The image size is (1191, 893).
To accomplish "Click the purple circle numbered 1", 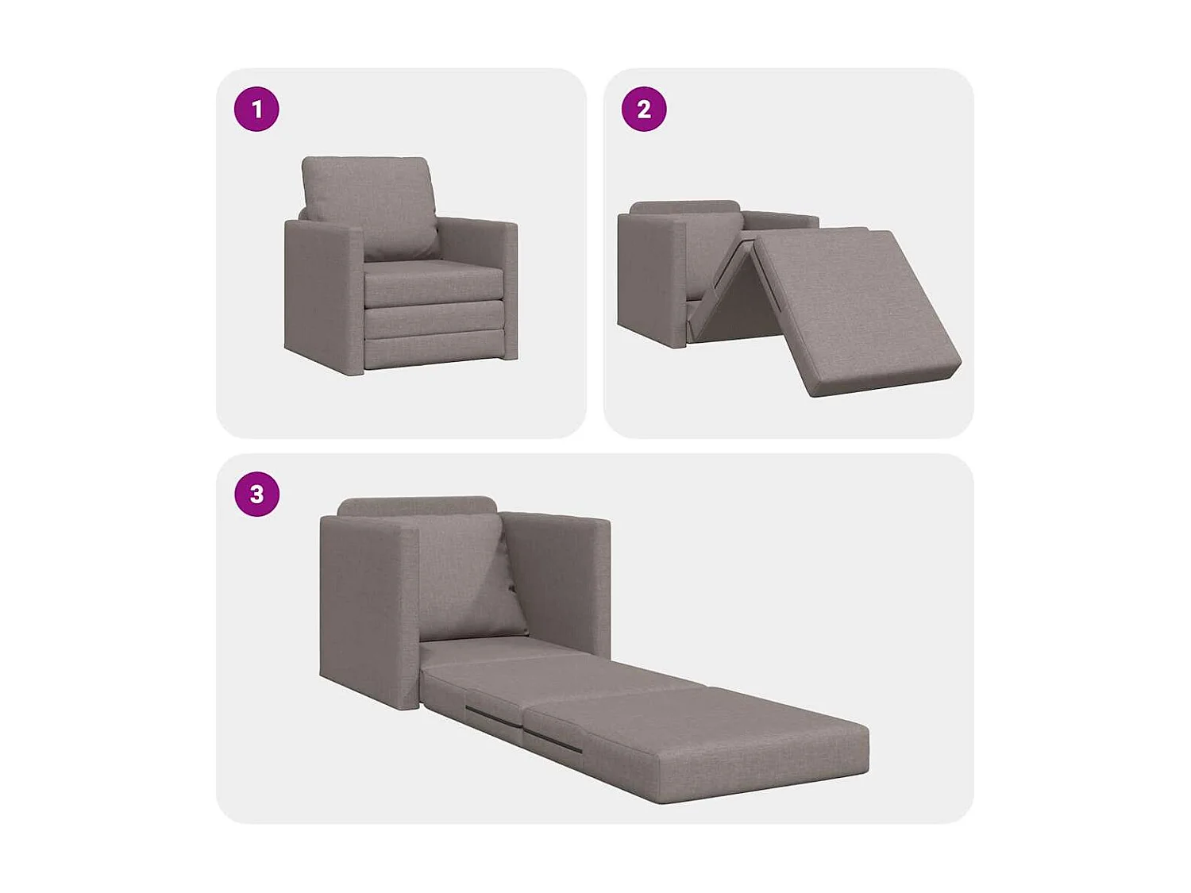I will (x=256, y=109).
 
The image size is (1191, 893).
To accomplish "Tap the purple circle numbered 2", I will (x=643, y=109).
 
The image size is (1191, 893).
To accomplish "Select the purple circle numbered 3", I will (x=256, y=494).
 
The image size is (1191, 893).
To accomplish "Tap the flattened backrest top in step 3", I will (x=417, y=506).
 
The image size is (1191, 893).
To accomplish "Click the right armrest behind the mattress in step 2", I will (x=782, y=220).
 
